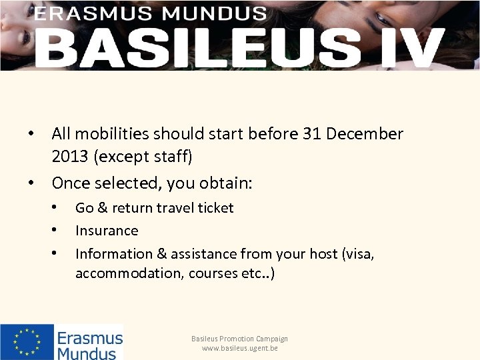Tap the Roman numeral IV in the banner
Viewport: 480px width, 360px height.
[407, 47]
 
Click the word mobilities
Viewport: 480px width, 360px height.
[119, 134]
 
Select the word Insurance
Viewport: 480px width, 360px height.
[107, 231]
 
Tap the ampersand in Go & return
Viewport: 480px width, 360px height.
[101, 208]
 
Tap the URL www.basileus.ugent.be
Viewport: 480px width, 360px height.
[240, 348]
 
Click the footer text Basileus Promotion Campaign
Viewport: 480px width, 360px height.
[240, 339]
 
